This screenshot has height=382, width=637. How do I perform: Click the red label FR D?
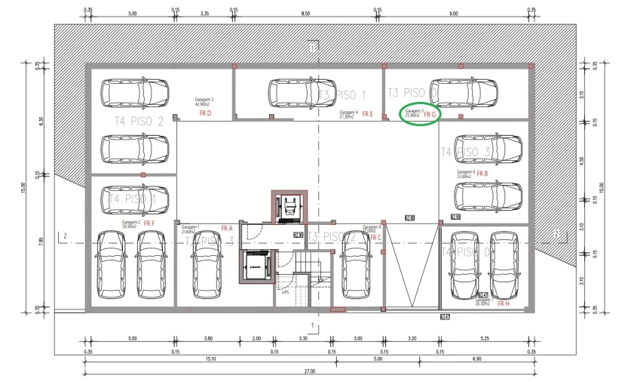click(205, 113)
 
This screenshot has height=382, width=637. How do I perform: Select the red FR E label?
click(367, 114)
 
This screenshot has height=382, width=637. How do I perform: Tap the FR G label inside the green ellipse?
click(430, 115)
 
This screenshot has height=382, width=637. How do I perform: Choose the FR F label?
click(149, 223)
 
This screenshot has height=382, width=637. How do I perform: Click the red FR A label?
click(227, 228)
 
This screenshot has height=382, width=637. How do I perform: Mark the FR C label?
click(375, 237)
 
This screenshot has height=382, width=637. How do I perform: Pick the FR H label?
click(504, 303)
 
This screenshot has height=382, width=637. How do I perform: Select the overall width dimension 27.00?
click(309, 371)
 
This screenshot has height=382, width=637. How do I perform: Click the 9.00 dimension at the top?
click(453, 14)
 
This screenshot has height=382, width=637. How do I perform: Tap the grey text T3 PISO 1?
click(341, 95)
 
